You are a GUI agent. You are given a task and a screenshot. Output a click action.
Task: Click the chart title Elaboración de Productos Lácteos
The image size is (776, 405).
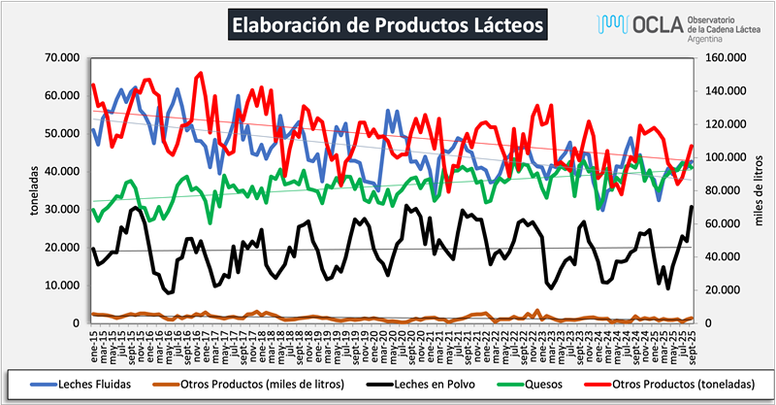387,23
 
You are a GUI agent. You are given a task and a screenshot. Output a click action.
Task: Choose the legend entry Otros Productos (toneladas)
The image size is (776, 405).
683,382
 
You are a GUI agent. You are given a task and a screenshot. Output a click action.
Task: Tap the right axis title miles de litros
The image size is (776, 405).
760,190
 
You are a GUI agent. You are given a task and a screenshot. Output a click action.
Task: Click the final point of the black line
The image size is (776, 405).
692,206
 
